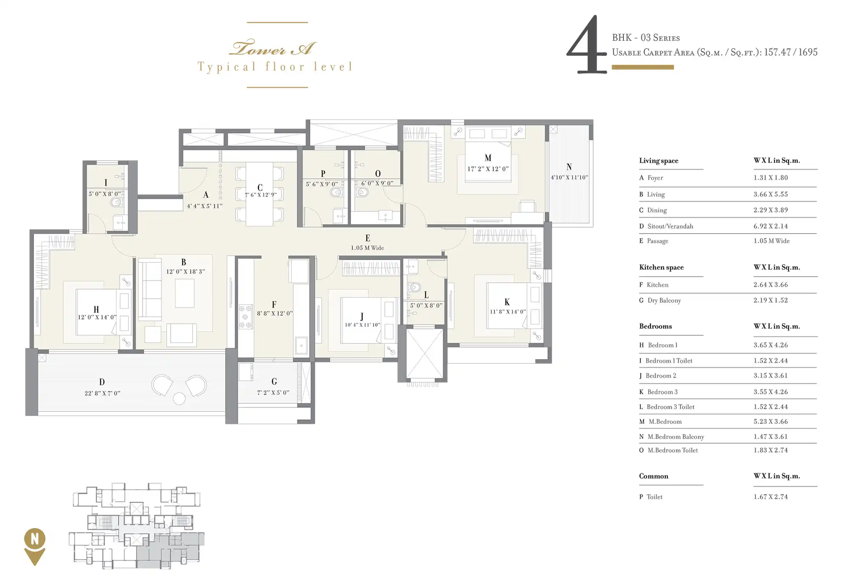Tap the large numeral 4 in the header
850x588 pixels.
(586, 45)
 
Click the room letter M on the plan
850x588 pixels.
(488, 158)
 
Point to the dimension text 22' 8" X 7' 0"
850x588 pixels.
(102, 393)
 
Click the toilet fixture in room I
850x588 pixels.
(117, 202)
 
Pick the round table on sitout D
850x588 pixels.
(179, 399)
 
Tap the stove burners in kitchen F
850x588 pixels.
(246, 316)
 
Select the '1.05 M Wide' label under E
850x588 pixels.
(367, 248)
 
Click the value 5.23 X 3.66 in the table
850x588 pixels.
(771, 422)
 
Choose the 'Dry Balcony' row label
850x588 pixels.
(664, 300)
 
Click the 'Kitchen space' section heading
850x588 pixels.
(661, 267)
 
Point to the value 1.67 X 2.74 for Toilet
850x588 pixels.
(771, 497)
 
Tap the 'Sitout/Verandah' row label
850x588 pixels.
(670, 226)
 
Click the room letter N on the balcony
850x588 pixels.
(569, 167)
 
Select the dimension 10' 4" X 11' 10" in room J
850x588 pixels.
(362, 325)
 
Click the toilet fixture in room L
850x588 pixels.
(414, 288)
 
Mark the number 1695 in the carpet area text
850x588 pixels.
(808, 52)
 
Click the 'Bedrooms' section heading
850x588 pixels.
(655, 326)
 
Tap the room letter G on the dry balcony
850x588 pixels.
(274, 381)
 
